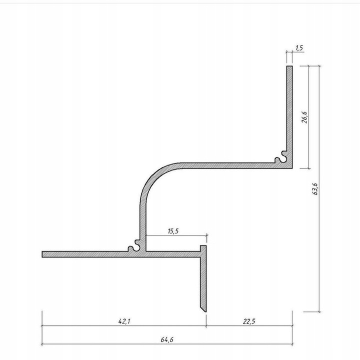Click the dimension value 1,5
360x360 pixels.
coord(299,48)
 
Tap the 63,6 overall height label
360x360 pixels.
coord(314,189)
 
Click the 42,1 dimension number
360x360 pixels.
coord(123,321)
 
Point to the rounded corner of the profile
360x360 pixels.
coord(153,177)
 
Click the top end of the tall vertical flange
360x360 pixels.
coord(289,67)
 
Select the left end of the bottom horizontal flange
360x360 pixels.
coord(44,254)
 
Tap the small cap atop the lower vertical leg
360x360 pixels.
coord(203,248)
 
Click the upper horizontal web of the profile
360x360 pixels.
coord(225,164)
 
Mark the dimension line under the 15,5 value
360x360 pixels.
coord(175,235)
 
